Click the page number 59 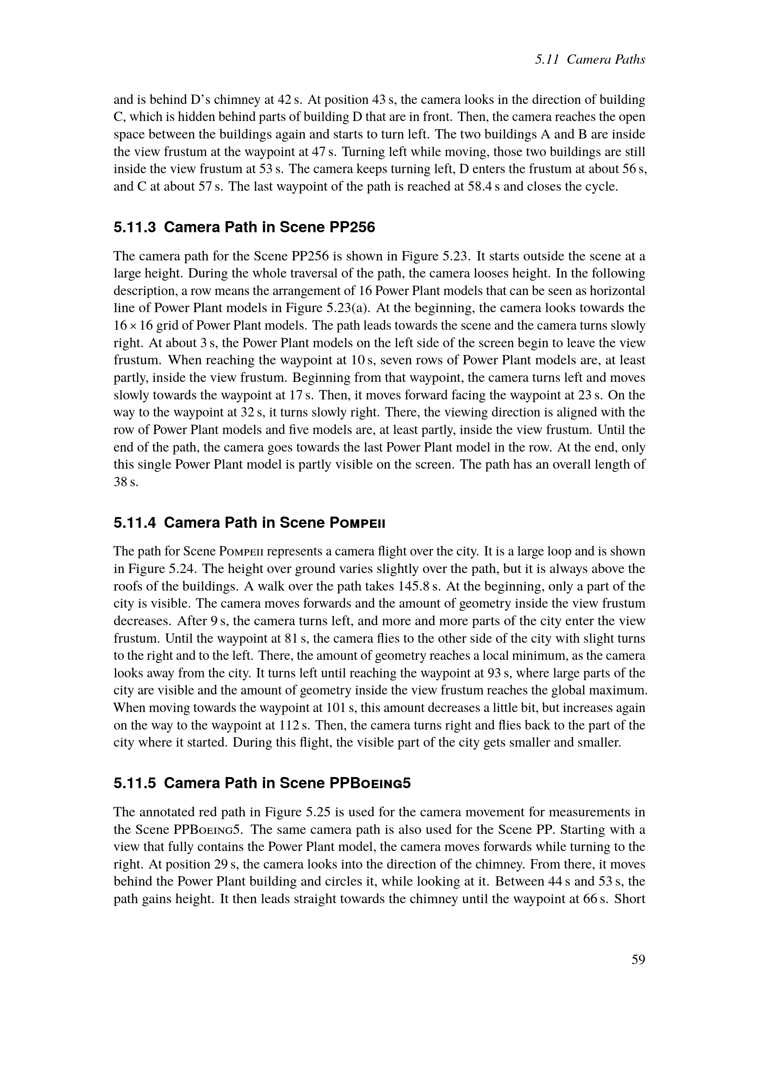point(638,959)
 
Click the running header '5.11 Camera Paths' point(590,59)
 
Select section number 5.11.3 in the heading point(134,228)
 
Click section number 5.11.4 point(134,523)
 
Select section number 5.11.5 point(134,783)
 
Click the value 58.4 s point(484,187)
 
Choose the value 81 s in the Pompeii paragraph point(297,638)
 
